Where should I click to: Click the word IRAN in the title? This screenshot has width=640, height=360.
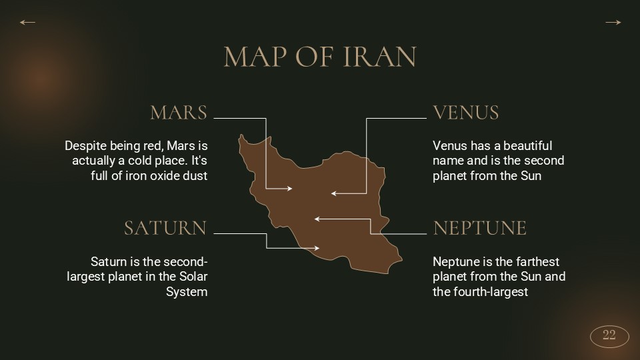379,57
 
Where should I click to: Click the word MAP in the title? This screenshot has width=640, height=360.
254,57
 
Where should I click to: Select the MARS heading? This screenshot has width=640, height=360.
179,113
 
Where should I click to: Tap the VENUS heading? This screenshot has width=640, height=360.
466,113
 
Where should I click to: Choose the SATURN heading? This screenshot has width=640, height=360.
165,228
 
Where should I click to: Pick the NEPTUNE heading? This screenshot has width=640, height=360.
479,228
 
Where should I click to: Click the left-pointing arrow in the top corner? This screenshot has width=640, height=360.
27,23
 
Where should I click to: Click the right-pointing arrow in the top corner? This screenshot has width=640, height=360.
613,23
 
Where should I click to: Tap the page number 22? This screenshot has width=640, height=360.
609,335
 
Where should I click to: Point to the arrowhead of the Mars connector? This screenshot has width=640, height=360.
290,189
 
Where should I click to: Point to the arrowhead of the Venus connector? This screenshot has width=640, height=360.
333,194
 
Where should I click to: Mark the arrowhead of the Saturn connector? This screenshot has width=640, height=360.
317,249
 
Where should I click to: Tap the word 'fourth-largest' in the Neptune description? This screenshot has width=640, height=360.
489,292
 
